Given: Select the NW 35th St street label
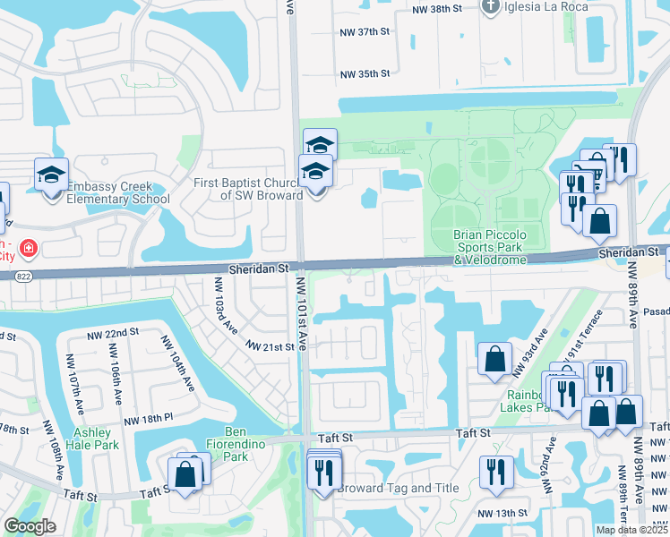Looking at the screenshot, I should (x=365, y=74).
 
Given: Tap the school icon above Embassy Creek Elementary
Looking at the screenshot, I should (x=52, y=175).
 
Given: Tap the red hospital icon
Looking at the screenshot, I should (x=29, y=246).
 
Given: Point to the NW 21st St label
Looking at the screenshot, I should (x=270, y=346).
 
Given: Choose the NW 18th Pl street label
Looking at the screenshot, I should (x=147, y=419).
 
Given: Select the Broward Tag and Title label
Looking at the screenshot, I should (x=399, y=488).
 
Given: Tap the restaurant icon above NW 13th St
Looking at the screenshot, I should (x=494, y=472).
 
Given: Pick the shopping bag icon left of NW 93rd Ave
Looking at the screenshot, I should (x=494, y=360).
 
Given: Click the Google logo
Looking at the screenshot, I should (x=30, y=526).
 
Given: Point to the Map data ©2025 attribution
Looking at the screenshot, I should (x=631, y=530).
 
